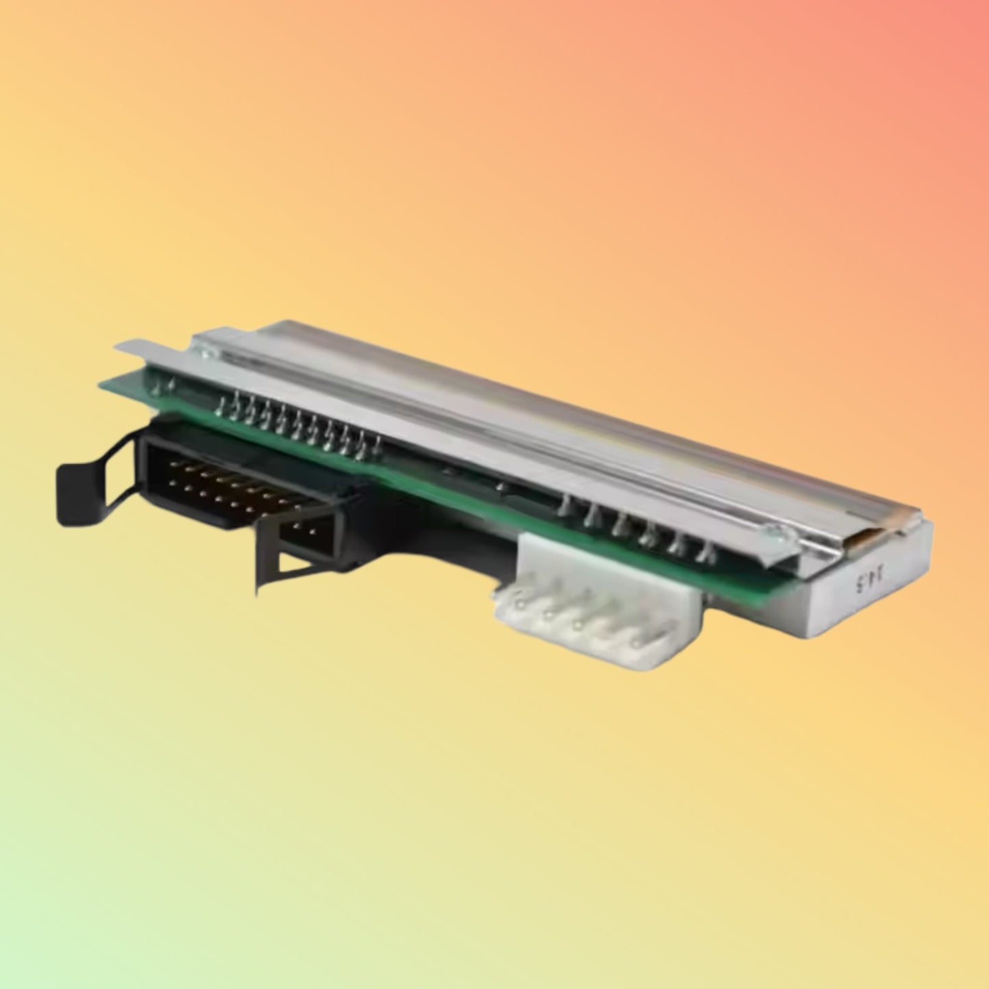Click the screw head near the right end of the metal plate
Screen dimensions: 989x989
click(x=771, y=527)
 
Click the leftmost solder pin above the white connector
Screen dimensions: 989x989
click(x=565, y=506)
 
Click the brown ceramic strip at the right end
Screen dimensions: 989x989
click(x=855, y=540)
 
